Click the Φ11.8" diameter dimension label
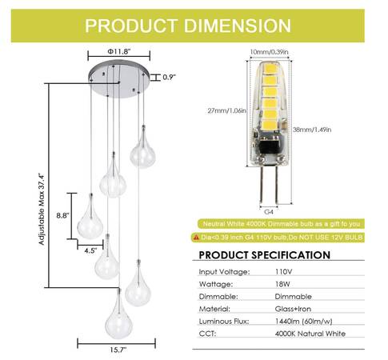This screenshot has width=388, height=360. click(x=119, y=51)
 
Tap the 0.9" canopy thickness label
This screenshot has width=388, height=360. click(x=170, y=78)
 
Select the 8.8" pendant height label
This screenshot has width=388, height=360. click(x=62, y=215)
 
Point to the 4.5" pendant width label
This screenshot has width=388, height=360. click(x=90, y=250)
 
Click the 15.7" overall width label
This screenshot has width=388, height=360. click(x=118, y=350)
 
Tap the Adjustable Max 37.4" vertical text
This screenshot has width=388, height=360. click(x=42, y=209)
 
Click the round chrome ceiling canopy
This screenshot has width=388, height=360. click(x=118, y=79)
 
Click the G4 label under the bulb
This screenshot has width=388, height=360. click(x=269, y=212)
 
